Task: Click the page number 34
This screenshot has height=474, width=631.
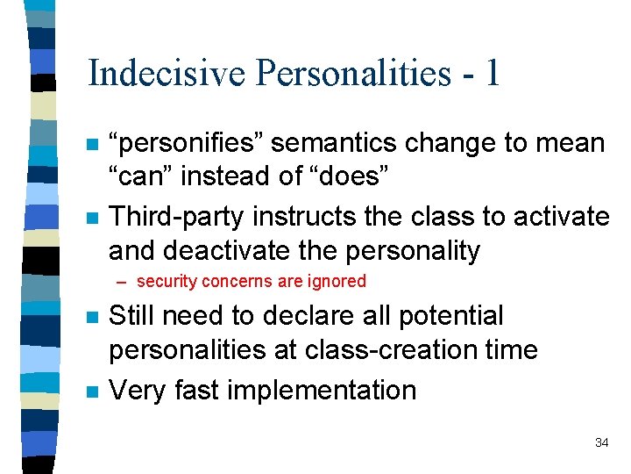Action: [601, 442]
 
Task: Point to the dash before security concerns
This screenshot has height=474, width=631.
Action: [125, 283]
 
